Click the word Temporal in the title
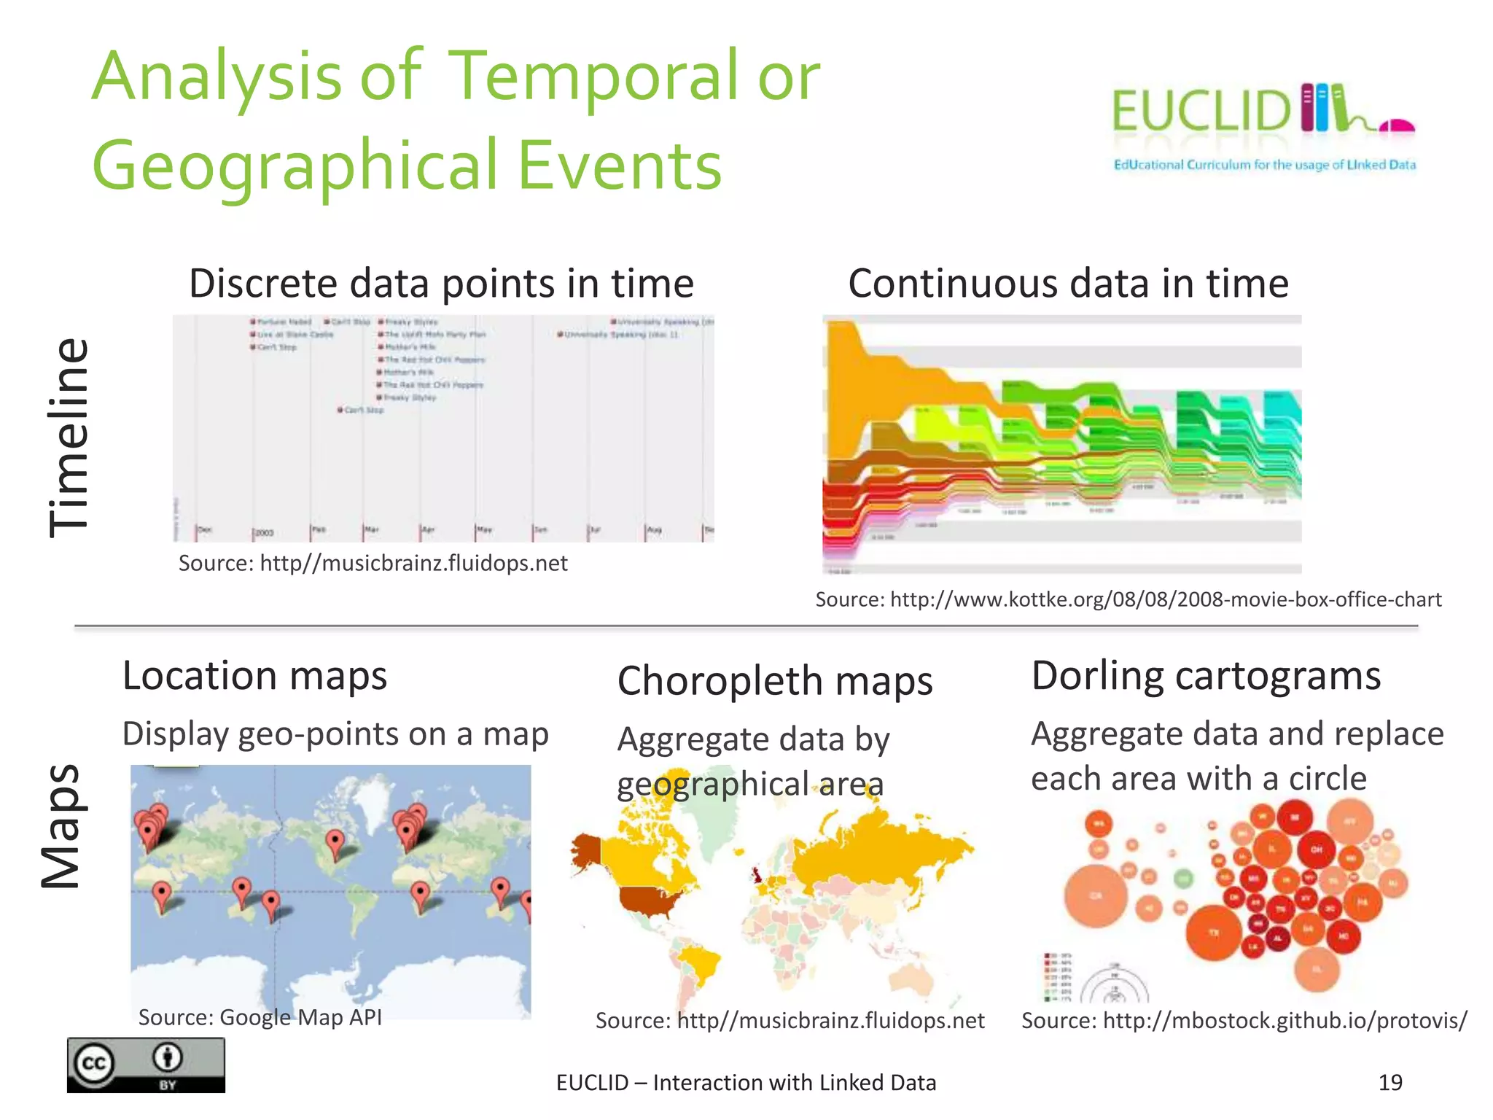(592, 77)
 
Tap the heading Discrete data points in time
(441, 283)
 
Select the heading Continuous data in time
(1068, 283)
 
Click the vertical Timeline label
(69, 437)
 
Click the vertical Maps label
(61, 825)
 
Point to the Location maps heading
(254, 675)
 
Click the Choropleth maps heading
(774, 681)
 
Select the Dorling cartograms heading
(1205, 675)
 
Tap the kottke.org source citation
(1128, 599)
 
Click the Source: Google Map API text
(260, 1016)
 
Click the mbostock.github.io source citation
(1244, 1020)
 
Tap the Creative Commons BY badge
(146, 1065)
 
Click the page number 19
(1389, 1082)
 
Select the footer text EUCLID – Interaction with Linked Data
(746, 1083)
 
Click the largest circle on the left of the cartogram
(1096, 896)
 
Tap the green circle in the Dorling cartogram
(1184, 879)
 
